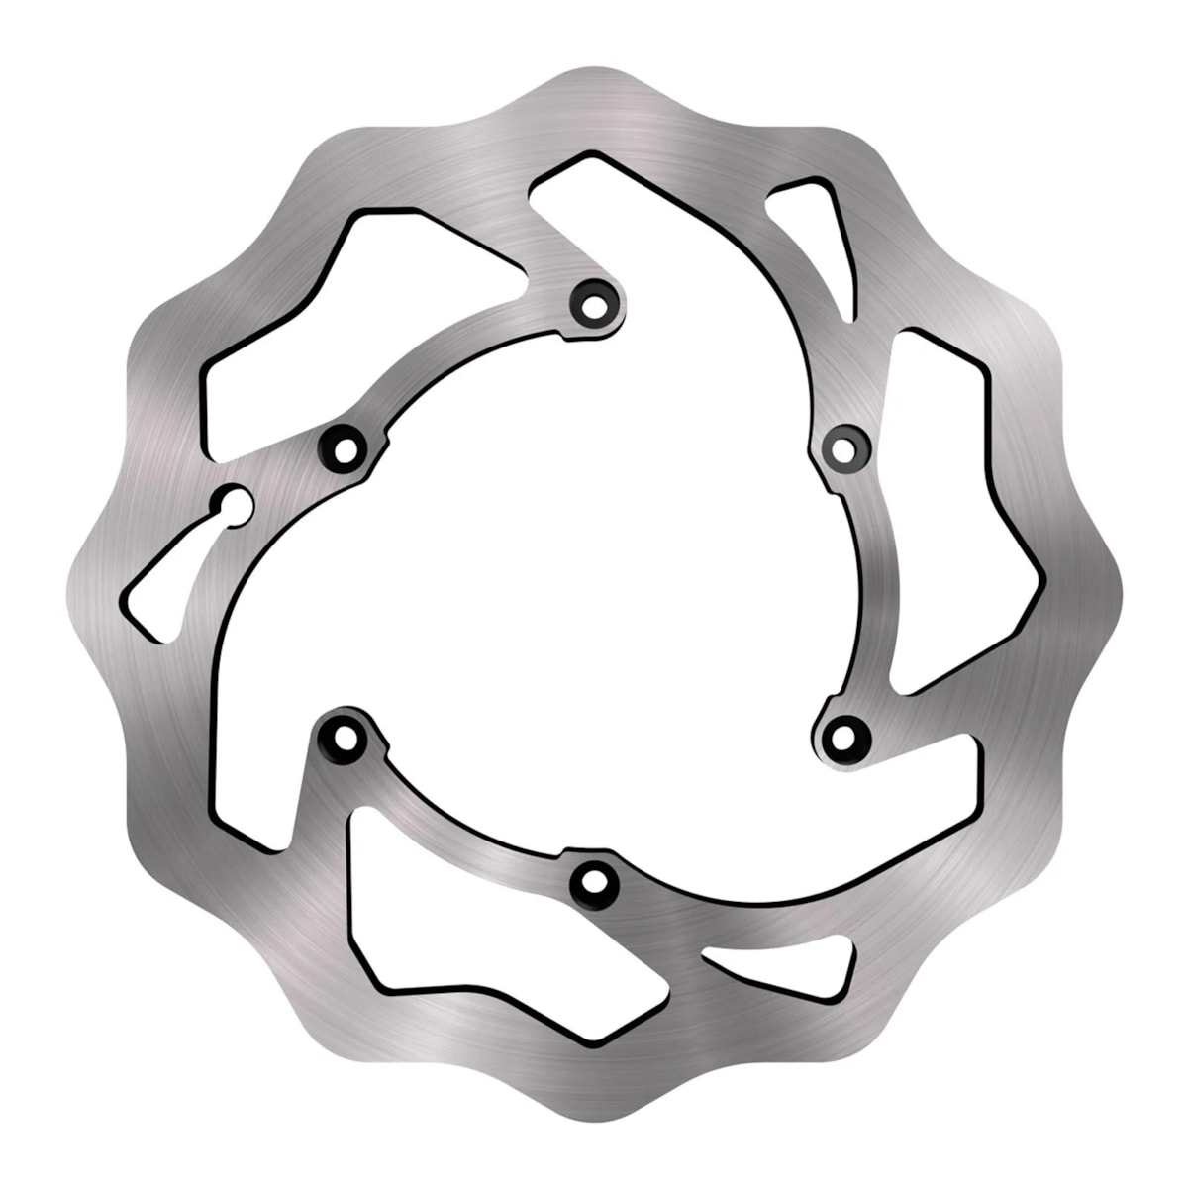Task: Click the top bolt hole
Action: point(594,300)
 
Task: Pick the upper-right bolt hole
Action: point(842,448)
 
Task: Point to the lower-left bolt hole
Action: point(345,737)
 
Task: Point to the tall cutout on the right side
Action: point(950,515)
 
